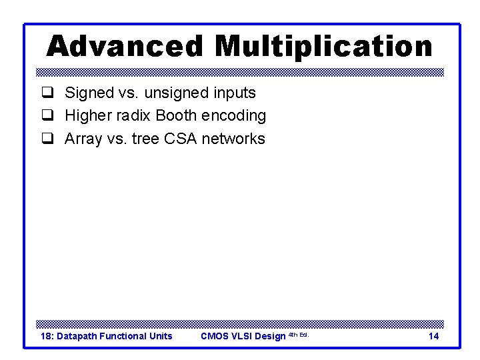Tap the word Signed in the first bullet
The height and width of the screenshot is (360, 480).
pyautogui.click(x=88, y=93)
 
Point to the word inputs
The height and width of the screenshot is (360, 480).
pyautogui.click(x=233, y=93)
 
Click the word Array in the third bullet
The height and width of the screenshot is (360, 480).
pyautogui.click(x=83, y=139)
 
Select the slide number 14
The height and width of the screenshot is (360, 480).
pyautogui.click(x=433, y=336)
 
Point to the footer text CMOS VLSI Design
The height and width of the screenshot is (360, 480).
pyautogui.click(x=243, y=336)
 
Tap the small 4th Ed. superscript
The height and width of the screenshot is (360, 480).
pyautogui.click(x=298, y=335)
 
